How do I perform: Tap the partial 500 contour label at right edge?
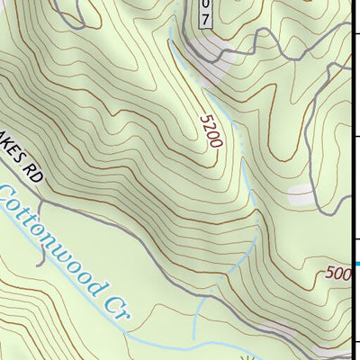click(337, 273)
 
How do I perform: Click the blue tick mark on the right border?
click(356, 264)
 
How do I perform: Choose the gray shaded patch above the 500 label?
click(301, 193)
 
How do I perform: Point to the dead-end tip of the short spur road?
click(40, 265)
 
